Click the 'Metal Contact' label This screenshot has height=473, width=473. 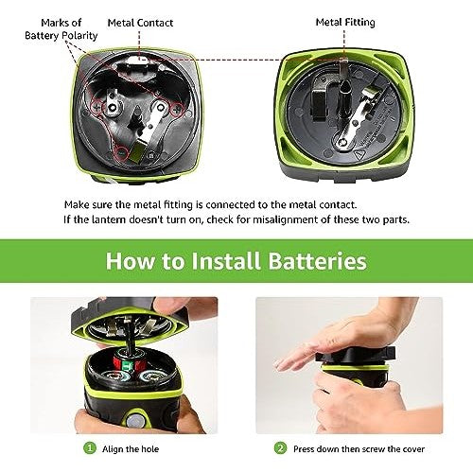point(140,23)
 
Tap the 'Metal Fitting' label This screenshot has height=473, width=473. point(345,23)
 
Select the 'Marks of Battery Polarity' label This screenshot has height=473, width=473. point(61,29)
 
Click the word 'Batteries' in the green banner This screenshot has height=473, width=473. point(317,261)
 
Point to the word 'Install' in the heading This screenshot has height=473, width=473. point(225,261)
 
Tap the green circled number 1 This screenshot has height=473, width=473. point(90,448)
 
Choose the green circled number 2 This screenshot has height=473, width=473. point(280,448)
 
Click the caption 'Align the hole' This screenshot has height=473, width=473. point(131,449)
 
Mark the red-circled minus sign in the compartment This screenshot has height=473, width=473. point(122,153)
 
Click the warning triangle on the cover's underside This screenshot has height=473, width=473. point(359,155)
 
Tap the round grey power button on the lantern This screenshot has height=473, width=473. point(135,420)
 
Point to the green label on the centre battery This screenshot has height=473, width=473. point(128,365)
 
